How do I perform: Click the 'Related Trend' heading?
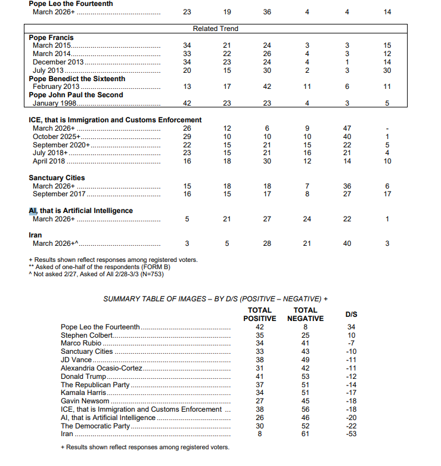pyautogui.click(x=215, y=29)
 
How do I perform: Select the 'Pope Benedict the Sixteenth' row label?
pyautogui.click(x=77, y=79)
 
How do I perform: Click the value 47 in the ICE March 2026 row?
pyautogui.click(x=347, y=128)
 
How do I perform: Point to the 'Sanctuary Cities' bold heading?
pyautogui.click(x=57, y=178)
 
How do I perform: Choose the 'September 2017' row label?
pyautogui.click(x=60, y=194)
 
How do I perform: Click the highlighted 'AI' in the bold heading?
pyautogui.click(x=33, y=211)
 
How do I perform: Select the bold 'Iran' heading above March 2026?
pyautogui.click(x=35, y=235)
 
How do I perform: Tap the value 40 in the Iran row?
pyautogui.click(x=347, y=243)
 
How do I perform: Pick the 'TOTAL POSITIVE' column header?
pyautogui.click(x=259, y=314)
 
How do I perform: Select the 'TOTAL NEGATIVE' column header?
pyautogui.click(x=305, y=314)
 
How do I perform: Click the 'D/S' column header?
pyautogui.click(x=352, y=314)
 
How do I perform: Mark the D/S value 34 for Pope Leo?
pyautogui.click(x=352, y=327)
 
